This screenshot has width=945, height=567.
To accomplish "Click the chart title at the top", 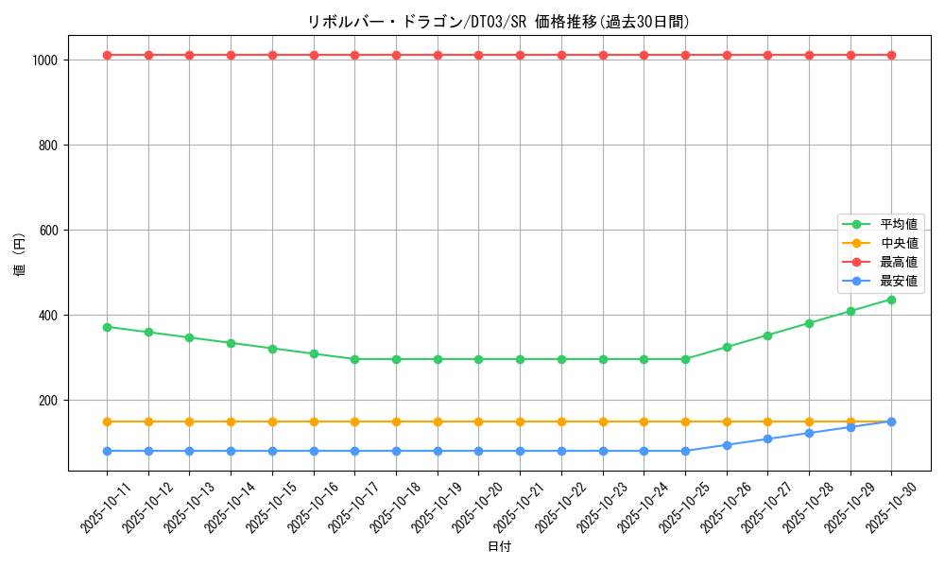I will tap(499, 22).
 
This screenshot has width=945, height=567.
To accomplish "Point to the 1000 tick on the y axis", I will tap(44, 60).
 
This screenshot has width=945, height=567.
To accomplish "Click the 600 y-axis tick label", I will tap(48, 231).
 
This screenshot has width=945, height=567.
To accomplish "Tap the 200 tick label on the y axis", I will tap(48, 401).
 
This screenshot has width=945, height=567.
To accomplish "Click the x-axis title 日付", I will tap(499, 547).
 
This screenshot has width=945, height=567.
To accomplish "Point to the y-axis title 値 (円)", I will tap(19, 255).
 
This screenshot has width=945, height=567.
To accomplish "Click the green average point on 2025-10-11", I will tap(107, 327).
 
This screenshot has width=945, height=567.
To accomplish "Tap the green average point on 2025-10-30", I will tap(891, 300).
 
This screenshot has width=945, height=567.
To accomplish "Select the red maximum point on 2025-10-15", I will tap(272, 55).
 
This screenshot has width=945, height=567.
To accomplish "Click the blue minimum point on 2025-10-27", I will tap(767, 438).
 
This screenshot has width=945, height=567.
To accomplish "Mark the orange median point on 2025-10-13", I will tap(189, 421).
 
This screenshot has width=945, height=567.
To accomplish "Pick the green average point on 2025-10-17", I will tap(354, 359).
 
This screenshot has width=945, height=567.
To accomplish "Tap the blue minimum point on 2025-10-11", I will tap(107, 451).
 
